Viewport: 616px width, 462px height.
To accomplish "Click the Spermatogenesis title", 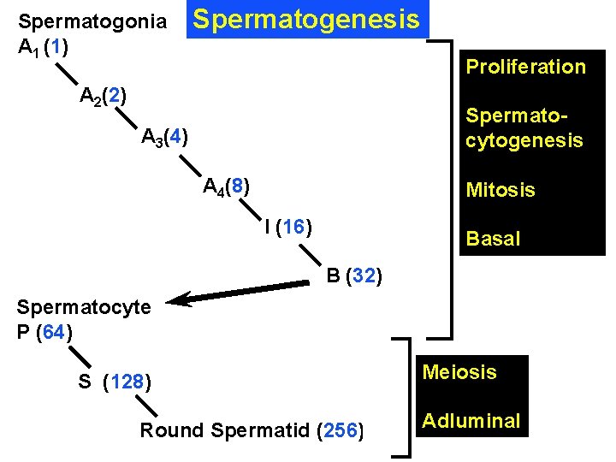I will pyautogui.click(x=306, y=19).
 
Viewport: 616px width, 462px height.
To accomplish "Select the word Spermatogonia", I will pyautogui.click(x=92, y=21).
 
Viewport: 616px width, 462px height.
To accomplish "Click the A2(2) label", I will pyautogui.click(x=104, y=95).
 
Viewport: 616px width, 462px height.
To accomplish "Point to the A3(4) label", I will pyautogui.click(x=165, y=137).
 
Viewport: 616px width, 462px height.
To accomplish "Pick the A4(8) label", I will pyautogui.click(x=227, y=186).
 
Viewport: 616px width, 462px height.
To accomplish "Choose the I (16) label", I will pyautogui.click(x=287, y=227).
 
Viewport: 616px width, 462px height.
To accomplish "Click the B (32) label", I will pyautogui.click(x=354, y=276).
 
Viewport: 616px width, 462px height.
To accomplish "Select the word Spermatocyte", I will pyautogui.click(x=84, y=306).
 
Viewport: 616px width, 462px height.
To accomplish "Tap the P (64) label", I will pyautogui.click(x=44, y=331).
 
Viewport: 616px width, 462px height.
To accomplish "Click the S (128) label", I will pyautogui.click(x=115, y=382).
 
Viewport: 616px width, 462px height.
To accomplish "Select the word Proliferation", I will pyautogui.click(x=525, y=67).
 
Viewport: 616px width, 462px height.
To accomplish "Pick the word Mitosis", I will pyautogui.click(x=500, y=190).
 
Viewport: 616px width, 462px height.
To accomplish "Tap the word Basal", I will pyautogui.click(x=492, y=239).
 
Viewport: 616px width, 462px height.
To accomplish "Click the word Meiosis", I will pyautogui.click(x=459, y=372).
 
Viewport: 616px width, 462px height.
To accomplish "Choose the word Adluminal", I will pyautogui.click(x=471, y=420).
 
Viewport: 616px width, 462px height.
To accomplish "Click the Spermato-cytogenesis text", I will pyautogui.click(x=524, y=127).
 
